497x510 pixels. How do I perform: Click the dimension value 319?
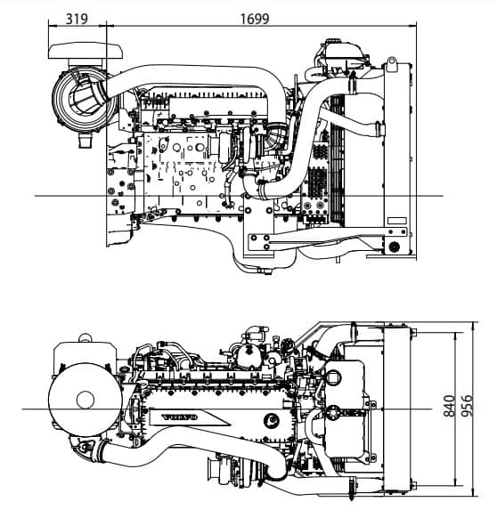click(77, 19)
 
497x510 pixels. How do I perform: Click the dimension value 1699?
click(255, 19)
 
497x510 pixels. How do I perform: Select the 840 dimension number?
click(450, 406)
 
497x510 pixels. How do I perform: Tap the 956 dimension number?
click(467, 406)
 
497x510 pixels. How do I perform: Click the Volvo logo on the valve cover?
click(180, 417)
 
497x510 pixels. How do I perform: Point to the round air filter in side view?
click(84, 99)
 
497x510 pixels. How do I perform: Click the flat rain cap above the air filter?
click(86, 51)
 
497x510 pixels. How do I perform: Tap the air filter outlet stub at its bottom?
click(86, 141)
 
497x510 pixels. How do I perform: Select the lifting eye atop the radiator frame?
click(392, 64)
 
